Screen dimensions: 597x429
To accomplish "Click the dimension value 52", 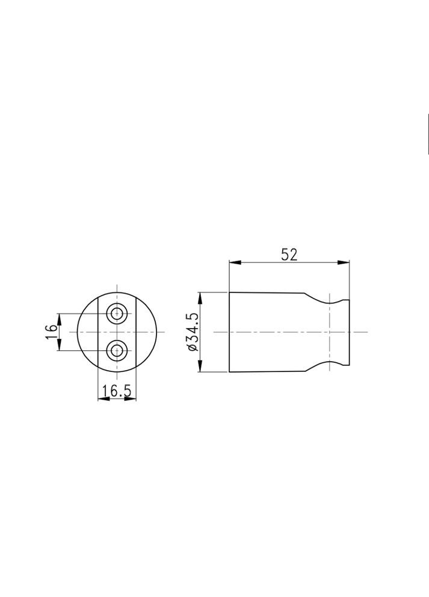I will tap(289, 255).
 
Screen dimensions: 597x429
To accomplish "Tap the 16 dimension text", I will tap(51, 332).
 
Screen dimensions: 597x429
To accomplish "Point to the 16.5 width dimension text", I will tap(117, 391).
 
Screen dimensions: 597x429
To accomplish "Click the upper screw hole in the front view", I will tap(117, 313).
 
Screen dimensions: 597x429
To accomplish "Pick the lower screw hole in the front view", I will tap(117, 350).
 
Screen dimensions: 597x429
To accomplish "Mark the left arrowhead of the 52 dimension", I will tap(235, 262).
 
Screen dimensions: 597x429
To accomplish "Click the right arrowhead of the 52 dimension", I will tap(344, 262).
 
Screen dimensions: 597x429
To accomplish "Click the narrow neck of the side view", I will tap(330, 332).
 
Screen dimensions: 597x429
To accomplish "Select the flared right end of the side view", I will tap(346, 332).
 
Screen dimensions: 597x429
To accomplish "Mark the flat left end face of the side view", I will tap(229, 332).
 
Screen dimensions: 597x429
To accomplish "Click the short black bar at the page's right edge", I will tap(427, 134).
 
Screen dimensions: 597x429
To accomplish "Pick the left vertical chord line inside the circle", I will tap(98, 332).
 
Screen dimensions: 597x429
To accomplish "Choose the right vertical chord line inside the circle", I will tap(137, 332).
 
